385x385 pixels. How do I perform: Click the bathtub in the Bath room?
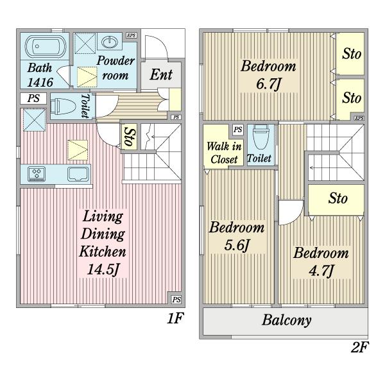[46, 47]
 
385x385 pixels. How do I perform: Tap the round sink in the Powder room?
[110, 42]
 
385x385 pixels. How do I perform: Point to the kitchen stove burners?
[37, 173]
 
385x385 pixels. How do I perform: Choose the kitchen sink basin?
[78, 174]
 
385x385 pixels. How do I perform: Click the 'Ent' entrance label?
[161, 74]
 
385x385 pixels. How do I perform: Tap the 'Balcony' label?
[287, 320]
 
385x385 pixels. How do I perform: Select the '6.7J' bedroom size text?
[268, 83]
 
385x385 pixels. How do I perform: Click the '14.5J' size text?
[103, 269]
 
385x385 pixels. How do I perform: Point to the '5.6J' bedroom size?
[237, 245]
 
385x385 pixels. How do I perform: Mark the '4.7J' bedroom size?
[321, 270]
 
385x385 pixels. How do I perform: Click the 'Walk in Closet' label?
[224, 153]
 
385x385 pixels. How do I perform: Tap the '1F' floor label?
[175, 318]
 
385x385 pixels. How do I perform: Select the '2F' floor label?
[360, 347]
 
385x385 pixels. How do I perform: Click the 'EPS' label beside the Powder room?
[132, 35]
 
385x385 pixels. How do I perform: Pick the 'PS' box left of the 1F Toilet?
[33, 98]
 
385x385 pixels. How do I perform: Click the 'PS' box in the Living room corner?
[176, 300]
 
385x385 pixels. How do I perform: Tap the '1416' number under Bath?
[40, 82]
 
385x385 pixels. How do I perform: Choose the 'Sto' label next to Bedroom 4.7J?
[338, 198]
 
